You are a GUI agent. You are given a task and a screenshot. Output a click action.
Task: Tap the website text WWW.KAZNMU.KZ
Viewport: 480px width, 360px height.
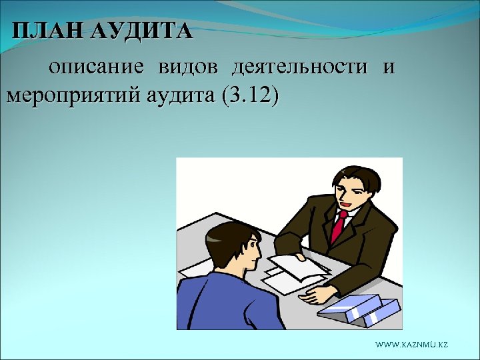tap(411, 344)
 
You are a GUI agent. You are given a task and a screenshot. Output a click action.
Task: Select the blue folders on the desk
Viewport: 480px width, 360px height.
tap(359, 309)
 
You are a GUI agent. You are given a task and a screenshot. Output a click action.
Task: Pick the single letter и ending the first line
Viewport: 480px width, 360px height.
tap(389, 67)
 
